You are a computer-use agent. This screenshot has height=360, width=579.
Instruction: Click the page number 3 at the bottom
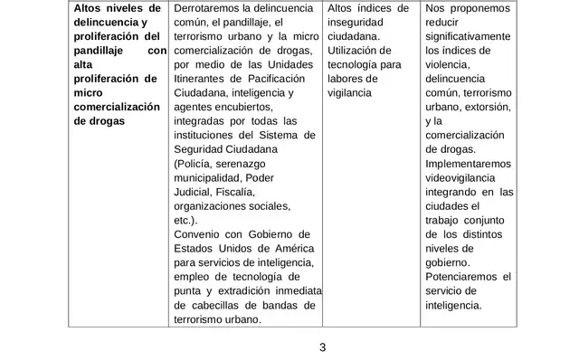click(322, 346)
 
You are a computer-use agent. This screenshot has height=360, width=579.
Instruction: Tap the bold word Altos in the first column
click(89, 8)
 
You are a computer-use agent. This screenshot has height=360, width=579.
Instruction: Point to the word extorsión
click(489, 106)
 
